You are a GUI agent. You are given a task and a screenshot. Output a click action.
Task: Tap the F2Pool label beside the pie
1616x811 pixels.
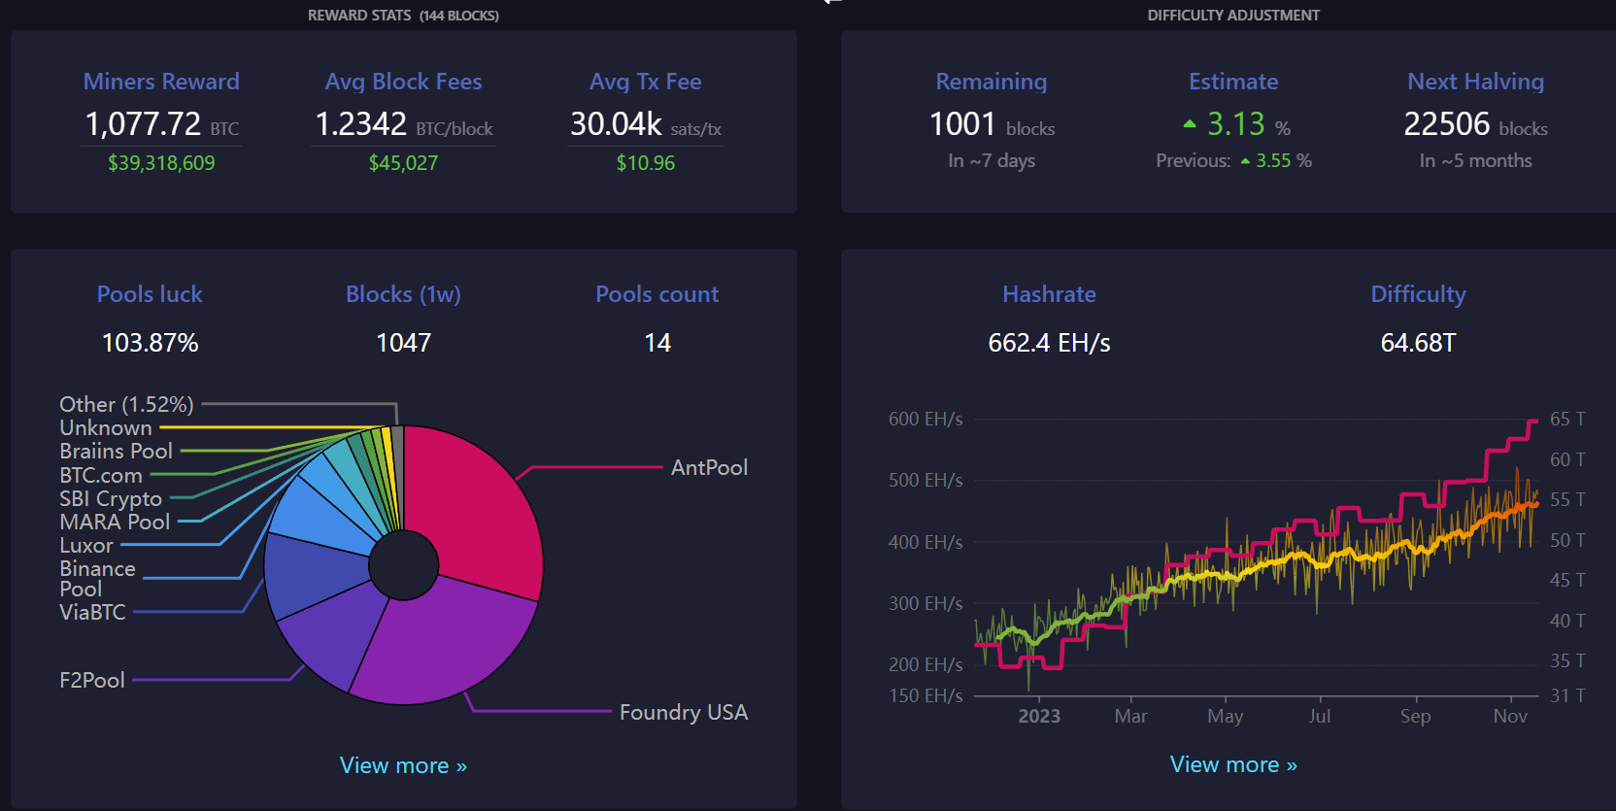tap(92, 680)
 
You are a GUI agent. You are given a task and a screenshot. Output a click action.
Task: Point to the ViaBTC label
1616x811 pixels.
tap(92, 612)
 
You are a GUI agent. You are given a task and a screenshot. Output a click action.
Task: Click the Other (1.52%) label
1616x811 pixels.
tap(126, 404)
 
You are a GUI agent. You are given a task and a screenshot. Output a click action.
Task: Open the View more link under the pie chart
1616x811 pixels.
tap(403, 765)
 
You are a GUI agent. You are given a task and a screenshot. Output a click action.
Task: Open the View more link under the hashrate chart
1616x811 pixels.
tap(1233, 764)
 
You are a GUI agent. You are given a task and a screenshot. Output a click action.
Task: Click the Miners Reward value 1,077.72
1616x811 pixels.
tap(144, 124)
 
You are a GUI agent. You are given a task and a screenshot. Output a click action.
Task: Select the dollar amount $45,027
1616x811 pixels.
tap(403, 163)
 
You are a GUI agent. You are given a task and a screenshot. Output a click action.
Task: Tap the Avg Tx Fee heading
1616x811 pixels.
tap(645, 82)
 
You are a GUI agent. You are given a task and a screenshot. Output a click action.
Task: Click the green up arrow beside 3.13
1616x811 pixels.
tap(1190, 124)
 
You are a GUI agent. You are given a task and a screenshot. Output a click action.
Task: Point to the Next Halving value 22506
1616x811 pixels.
tap(1446, 124)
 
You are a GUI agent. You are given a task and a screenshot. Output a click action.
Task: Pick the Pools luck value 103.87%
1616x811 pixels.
tap(150, 343)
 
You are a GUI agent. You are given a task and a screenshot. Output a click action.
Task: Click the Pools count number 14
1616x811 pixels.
tap(657, 343)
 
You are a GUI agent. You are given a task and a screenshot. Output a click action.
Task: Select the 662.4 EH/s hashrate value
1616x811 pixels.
tap(1049, 343)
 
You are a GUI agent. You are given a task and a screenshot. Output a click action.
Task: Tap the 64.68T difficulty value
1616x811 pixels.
tap(1418, 343)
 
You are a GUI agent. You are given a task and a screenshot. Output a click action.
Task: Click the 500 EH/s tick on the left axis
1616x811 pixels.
tap(926, 480)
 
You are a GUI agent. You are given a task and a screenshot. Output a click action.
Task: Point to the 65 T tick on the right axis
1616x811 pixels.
tap(1566, 419)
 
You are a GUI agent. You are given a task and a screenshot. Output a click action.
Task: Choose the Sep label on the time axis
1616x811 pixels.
tap(1415, 716)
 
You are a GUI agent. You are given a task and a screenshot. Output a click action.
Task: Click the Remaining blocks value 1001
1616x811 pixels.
tap(962, 124)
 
